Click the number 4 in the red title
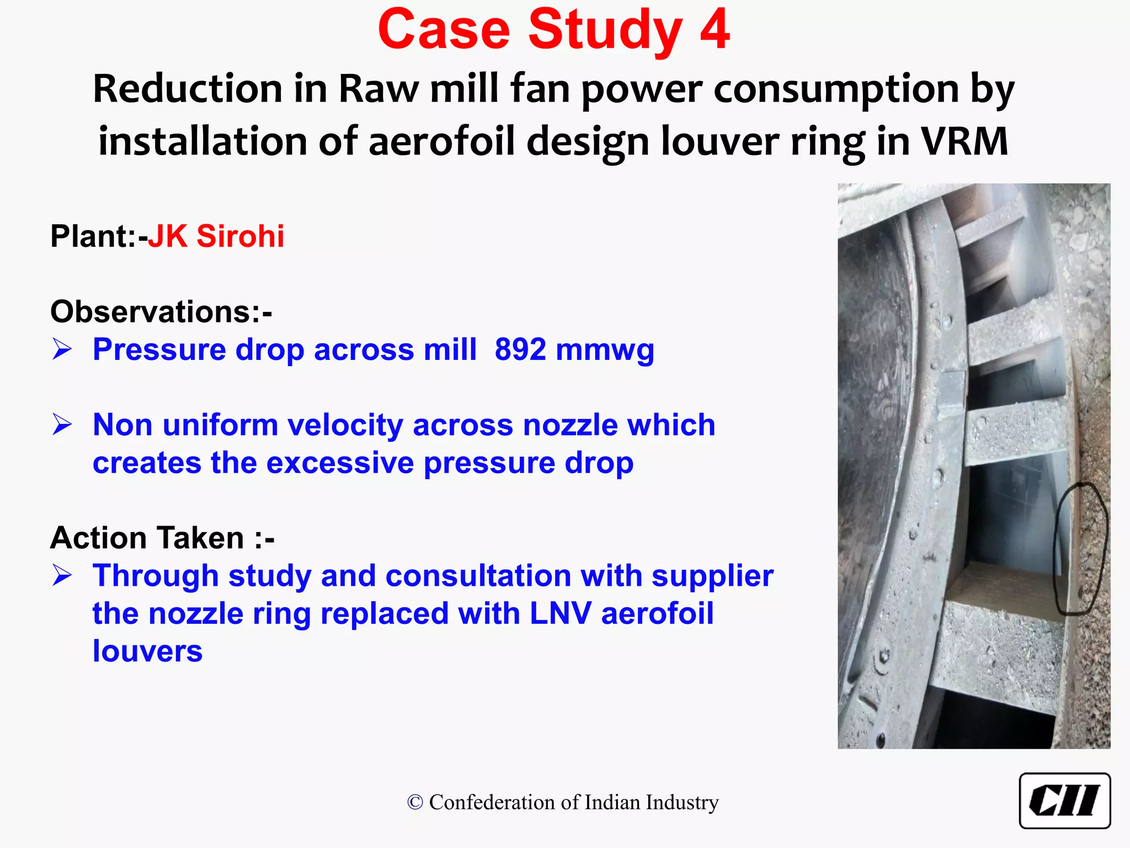(x=715, y=30)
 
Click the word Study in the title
(x=605, y=30)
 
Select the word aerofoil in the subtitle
(x=441, y=142)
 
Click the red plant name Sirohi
(x=240, y=236)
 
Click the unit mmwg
(x=605, y=351)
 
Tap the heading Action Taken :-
(x=162, y=538)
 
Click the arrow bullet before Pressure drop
(x=62, y=349)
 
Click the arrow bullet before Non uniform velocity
(x=62, y=425)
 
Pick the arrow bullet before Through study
(x=62, y=576)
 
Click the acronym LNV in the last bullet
(x=560, y=613)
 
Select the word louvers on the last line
(x=147, y=651)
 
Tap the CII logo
(x=1064, y=801)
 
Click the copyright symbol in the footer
(x=415, y=802)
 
